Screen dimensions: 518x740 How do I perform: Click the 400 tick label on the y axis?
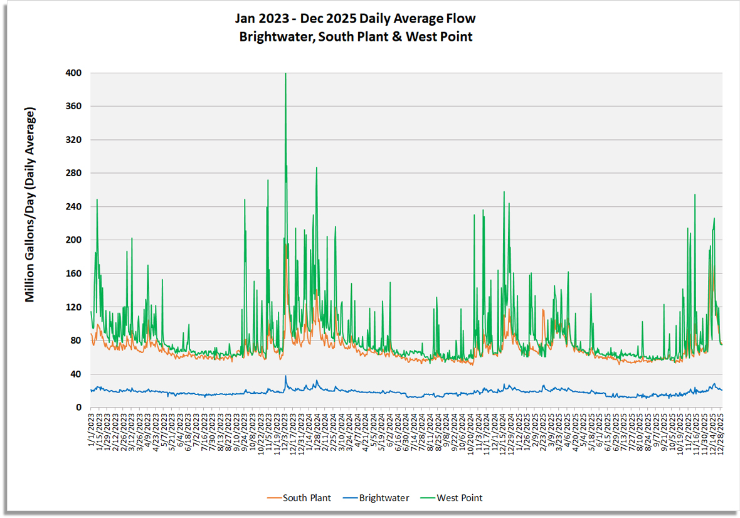coord(73,73)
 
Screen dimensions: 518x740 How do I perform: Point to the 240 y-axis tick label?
coord(73,207)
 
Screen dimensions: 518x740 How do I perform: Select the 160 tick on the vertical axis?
coord(73,274)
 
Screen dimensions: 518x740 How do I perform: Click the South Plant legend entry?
coord(299,498)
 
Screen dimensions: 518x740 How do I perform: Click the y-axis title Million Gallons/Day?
coord(30,204)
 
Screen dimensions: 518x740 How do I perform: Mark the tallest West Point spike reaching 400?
coord(286,75)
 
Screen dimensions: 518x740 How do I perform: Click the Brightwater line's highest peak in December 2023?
coord(286,376)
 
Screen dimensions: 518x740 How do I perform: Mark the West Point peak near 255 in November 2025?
coord(695,195)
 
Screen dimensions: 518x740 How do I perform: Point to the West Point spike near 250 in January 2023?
coord(97,200)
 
